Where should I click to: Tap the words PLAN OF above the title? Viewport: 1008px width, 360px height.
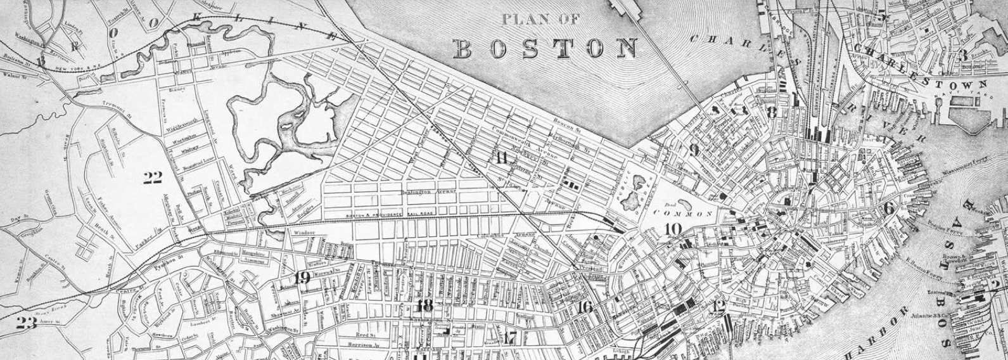(x=540, y=20)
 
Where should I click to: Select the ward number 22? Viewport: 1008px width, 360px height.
(x=152, y=178)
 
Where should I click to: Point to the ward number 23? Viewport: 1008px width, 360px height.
(x=27, y=321)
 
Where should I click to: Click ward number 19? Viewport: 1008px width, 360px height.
(x=302, y=277)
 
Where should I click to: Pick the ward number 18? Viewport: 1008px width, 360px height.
(x=426, y=305)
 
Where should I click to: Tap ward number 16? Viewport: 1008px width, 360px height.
(x=585, y=307)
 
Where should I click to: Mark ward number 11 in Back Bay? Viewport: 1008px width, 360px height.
(x=502, y=158)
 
